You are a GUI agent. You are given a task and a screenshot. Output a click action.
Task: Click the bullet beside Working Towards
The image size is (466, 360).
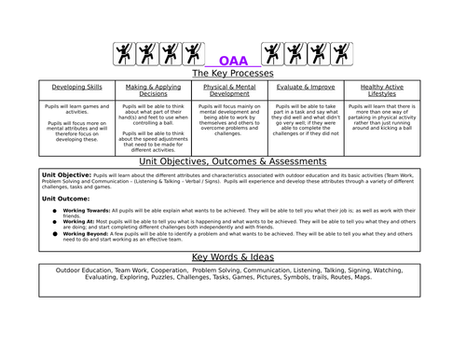click(55, 211)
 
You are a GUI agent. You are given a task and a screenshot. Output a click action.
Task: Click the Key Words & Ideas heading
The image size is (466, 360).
click(232, 256)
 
